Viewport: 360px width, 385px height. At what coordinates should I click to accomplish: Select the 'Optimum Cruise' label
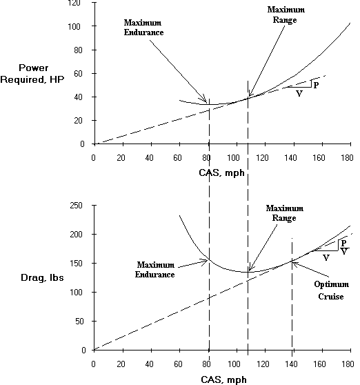tap(330, 290)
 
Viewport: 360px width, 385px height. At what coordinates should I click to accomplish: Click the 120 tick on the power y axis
tap(81, 3)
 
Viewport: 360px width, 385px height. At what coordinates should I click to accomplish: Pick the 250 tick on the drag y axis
tap(81, 206)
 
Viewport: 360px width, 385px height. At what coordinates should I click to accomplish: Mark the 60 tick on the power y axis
tap(83, 73)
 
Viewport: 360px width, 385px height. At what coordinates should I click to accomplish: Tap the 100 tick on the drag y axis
tap(81, 292)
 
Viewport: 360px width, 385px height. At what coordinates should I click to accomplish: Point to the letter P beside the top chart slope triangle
tap(315, 84)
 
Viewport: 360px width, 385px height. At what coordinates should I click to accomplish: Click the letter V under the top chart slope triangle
tap(299, 93)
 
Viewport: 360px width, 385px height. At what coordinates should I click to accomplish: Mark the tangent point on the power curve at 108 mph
tap(248, 98)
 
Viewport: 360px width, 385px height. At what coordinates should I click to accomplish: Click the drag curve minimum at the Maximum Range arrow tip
tap(248, 273)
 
